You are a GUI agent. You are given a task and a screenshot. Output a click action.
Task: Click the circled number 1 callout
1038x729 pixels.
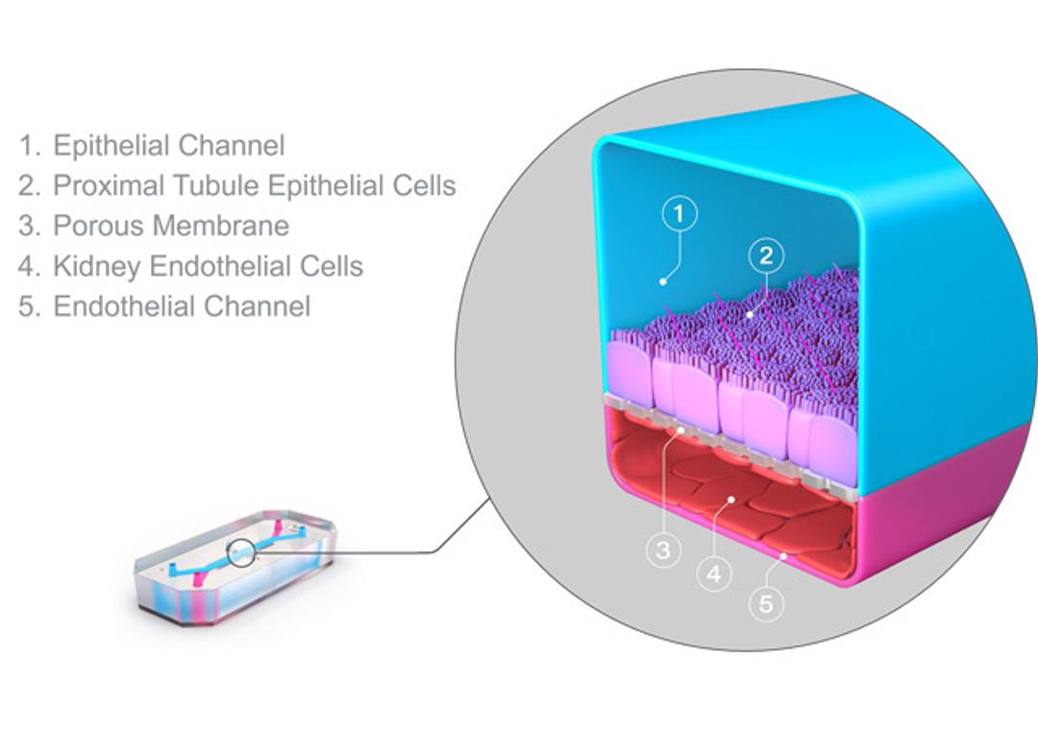point(680,214)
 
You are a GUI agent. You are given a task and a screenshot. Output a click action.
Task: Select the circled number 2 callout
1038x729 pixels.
point(766,256)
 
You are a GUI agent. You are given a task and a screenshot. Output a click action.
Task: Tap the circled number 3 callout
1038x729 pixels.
point(663,550)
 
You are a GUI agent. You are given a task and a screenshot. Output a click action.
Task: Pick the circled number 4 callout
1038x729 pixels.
point(714,574)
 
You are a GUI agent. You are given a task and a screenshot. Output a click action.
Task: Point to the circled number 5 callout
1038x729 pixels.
point(766,604)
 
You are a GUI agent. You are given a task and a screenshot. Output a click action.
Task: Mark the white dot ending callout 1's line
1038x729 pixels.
point(662,281)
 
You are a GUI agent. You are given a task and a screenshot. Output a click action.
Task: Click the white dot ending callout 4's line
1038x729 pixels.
point(732,499)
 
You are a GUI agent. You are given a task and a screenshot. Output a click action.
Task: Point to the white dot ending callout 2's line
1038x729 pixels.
point(751,313)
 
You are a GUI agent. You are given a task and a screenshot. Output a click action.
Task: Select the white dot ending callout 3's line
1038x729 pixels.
point(680,431)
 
